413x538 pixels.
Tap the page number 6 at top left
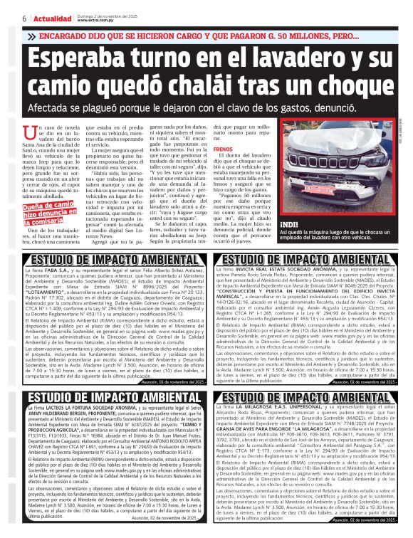pos(5,18)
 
